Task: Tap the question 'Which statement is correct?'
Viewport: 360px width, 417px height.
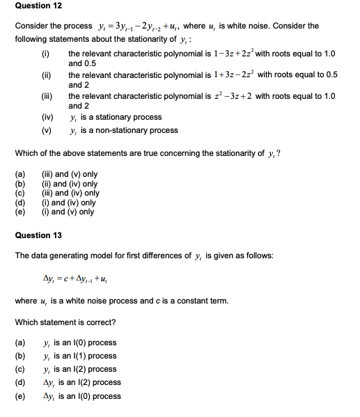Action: point(65,322)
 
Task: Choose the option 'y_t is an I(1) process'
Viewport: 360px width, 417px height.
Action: point(80,356)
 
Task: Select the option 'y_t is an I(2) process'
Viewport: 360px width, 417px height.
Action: point(80,369)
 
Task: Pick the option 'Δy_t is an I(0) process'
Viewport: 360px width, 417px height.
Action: point(82,396)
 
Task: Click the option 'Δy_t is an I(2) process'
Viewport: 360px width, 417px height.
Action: point(82,382)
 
